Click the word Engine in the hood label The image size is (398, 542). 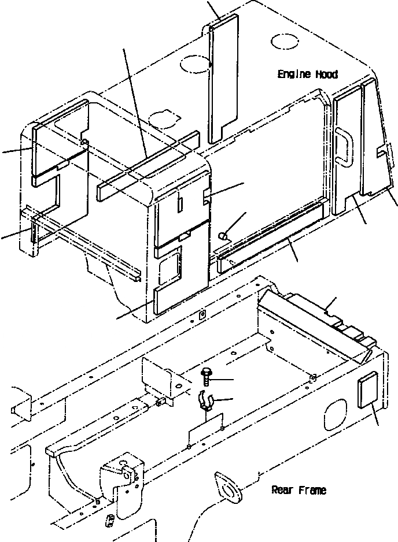coord(294,75)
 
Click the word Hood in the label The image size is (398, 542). coord(327,75)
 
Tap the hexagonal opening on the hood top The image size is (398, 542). coord(163,118)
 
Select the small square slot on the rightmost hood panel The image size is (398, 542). coord(380,152)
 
